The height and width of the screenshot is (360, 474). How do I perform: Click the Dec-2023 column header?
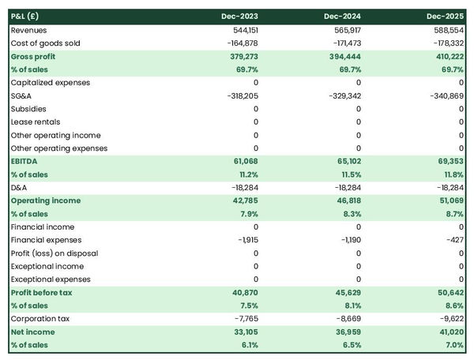pos(241,17)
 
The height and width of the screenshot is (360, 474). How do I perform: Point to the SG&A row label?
pos(22,96)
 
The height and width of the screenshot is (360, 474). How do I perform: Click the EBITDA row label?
pos(25,161)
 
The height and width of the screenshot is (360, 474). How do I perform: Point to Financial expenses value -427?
pos(455,240)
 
